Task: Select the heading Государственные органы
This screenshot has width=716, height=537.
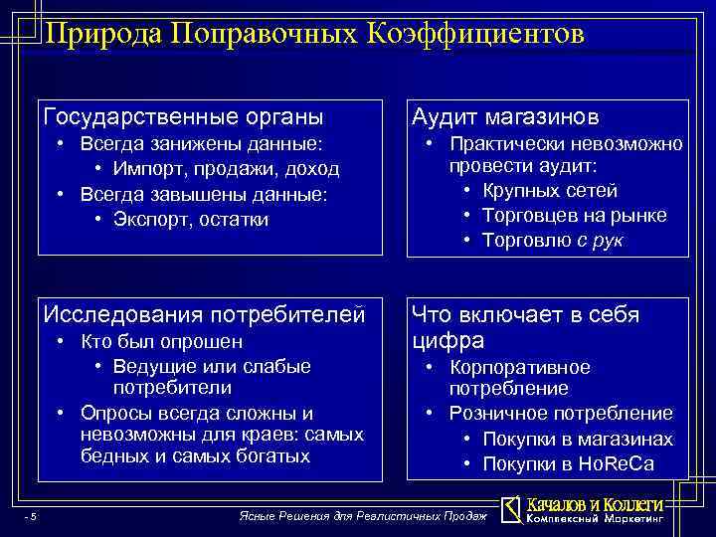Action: click(184, 117)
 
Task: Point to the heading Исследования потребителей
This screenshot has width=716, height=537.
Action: click(204, 314)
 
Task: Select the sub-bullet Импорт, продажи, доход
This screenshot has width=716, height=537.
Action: click(226, 169)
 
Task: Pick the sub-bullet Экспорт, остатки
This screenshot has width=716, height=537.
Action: click(191, 218)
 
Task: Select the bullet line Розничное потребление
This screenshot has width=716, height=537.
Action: click(561, 413)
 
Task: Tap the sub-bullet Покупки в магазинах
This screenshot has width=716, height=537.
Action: click(577, 439)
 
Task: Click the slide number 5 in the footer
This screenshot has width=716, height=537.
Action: click(33, 516)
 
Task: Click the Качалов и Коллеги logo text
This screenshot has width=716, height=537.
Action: click(594, 504)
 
